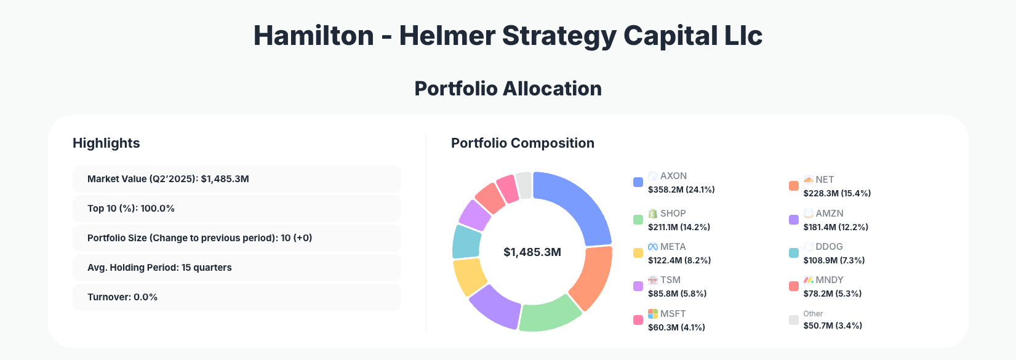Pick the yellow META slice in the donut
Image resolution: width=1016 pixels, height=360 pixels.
[x=470, y=276]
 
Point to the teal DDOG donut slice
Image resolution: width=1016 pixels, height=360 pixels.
[x=466, y=241]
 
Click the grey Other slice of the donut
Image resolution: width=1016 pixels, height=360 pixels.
[x=524, y=185]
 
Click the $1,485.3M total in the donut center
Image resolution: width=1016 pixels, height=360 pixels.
[x=532, y=252]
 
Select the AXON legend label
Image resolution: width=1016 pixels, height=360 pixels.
[x=673, y=176]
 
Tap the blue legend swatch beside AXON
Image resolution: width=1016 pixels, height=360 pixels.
[x=638, y=182]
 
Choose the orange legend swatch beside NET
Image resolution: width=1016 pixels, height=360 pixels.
[x=794, y=186]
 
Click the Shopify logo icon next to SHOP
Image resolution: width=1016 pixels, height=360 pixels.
[x=653, y=214]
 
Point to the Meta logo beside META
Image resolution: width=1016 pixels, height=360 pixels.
[x=653, y=247]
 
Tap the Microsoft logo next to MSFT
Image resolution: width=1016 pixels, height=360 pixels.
[x=653, y=314]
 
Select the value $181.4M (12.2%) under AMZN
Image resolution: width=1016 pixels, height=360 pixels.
[x=836, y=227]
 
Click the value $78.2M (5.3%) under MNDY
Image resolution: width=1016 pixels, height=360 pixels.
[x=832, y=294]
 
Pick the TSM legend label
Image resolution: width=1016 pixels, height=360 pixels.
[x=670, y=280]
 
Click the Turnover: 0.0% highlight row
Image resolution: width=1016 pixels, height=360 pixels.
[x=236, y=297]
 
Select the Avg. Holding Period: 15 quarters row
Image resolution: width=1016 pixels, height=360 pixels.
[x=236, y=268]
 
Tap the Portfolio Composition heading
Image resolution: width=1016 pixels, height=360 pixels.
[x=522, y=143]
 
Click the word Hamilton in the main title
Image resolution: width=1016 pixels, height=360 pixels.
[x=313, y=36]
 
